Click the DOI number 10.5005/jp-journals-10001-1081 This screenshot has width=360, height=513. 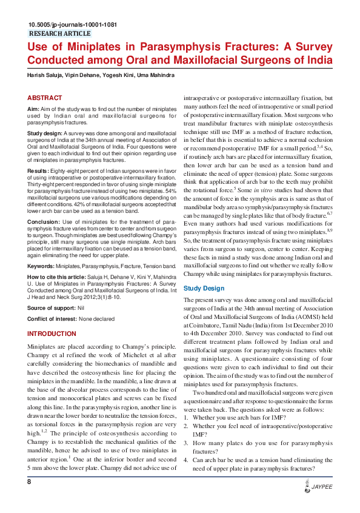[72, 25]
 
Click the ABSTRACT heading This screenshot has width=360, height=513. [44, 98]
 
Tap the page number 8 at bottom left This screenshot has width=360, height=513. [28, 498]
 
